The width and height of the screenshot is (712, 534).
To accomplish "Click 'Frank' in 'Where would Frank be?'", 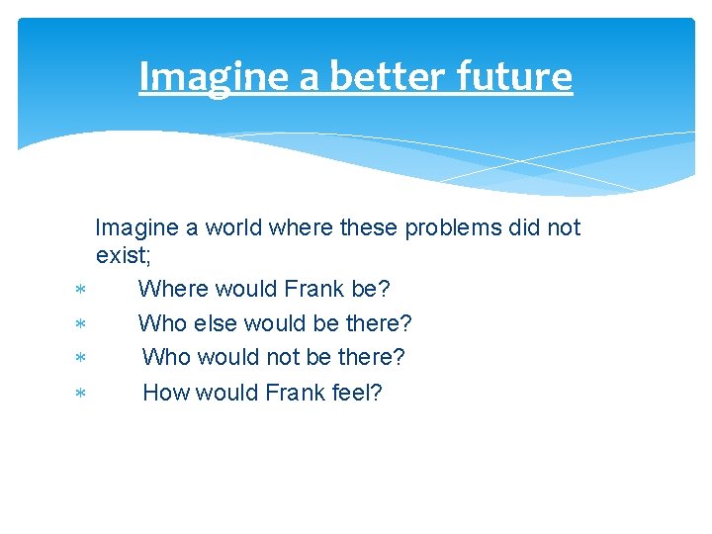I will (313, 290).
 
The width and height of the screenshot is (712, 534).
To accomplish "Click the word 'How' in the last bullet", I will (165, 393).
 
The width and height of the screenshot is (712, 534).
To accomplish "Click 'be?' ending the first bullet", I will (371, 290).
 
